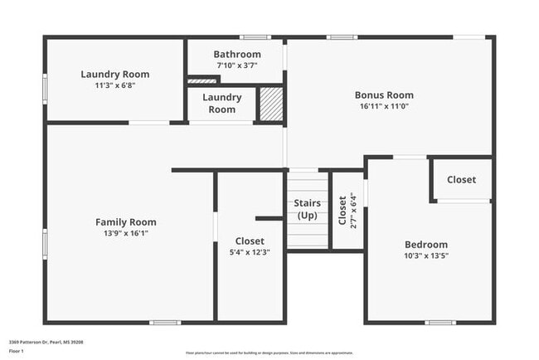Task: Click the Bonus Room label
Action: (x=384, y=95)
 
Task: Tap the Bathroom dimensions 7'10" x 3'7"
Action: (x=237, y=66)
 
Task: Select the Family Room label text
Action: (x=125, y=221)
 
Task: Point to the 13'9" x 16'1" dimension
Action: (x=125, y=233)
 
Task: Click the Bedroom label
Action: (x=426, y=244)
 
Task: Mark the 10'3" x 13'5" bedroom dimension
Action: (x=426, y=255)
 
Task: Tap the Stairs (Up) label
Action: (x=307, y=209)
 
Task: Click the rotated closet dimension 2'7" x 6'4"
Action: (x=353, y=210)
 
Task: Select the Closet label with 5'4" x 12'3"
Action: (x=250, y=241)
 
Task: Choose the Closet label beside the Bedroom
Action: (x=461, y=179)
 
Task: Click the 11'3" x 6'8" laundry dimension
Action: (x=115, y=85)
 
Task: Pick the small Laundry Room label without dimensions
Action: (x=221, y=103)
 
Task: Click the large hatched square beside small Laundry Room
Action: (x=271, y=104)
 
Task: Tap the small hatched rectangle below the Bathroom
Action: (x=202, y=80)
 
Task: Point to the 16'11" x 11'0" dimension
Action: (x=384, y=106)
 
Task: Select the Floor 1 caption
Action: (x=17, y=351)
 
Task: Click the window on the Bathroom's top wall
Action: (x=255, y=36)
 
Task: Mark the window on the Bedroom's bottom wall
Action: (x=439, y=322)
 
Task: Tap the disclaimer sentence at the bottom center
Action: (x=269, y=353)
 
